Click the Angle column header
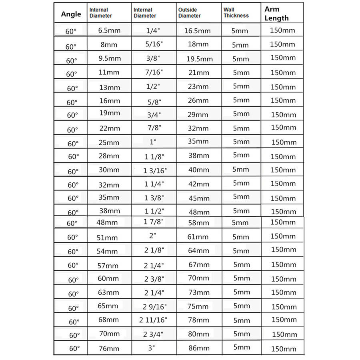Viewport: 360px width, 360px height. (x=71, y=14)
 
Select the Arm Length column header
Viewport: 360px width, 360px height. (x=276, y=14)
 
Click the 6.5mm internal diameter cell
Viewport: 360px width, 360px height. (x=109, y=30)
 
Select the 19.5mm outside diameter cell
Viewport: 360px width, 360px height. (x=200, y=59)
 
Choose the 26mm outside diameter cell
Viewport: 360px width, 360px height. (x=198, y=100)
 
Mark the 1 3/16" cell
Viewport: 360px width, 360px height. (x=155, y=171)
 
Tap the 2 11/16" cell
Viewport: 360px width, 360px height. (x=154, y=320)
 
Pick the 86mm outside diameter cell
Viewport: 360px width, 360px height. (x=199, y=348)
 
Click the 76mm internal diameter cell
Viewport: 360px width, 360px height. (x=109, y=348)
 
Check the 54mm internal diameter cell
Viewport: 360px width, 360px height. (x=108, y=251)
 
